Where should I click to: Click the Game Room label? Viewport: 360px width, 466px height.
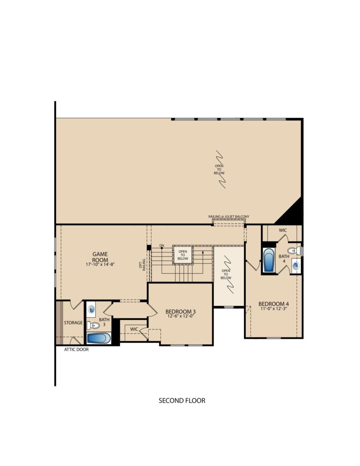point(100,257)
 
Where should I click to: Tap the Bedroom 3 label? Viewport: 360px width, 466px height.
point(181,312)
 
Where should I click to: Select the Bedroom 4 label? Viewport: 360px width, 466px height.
point(274,304)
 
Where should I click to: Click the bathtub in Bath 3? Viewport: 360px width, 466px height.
point(99,338)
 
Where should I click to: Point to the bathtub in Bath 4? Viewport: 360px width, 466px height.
point(269,260)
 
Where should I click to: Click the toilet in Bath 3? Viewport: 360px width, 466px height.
point(93,325)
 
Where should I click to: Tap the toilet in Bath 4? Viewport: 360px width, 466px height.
point(294,251)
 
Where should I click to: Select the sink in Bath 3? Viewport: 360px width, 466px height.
point(92,309)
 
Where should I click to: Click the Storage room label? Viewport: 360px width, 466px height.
point(73,323)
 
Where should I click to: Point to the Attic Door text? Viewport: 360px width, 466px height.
point(76,349)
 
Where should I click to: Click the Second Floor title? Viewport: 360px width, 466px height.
point(182,400)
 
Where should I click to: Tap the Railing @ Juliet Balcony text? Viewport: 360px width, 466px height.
point(229,217)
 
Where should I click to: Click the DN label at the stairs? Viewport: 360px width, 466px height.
point(162,246)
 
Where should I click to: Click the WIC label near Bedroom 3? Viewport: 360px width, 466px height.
point(134,329)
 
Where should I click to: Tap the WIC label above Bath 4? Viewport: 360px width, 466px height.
point(283,230)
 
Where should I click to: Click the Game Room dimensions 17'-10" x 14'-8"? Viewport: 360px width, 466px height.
point(100,264)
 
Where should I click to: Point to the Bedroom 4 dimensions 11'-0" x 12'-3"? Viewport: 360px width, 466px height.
point(274,309)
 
